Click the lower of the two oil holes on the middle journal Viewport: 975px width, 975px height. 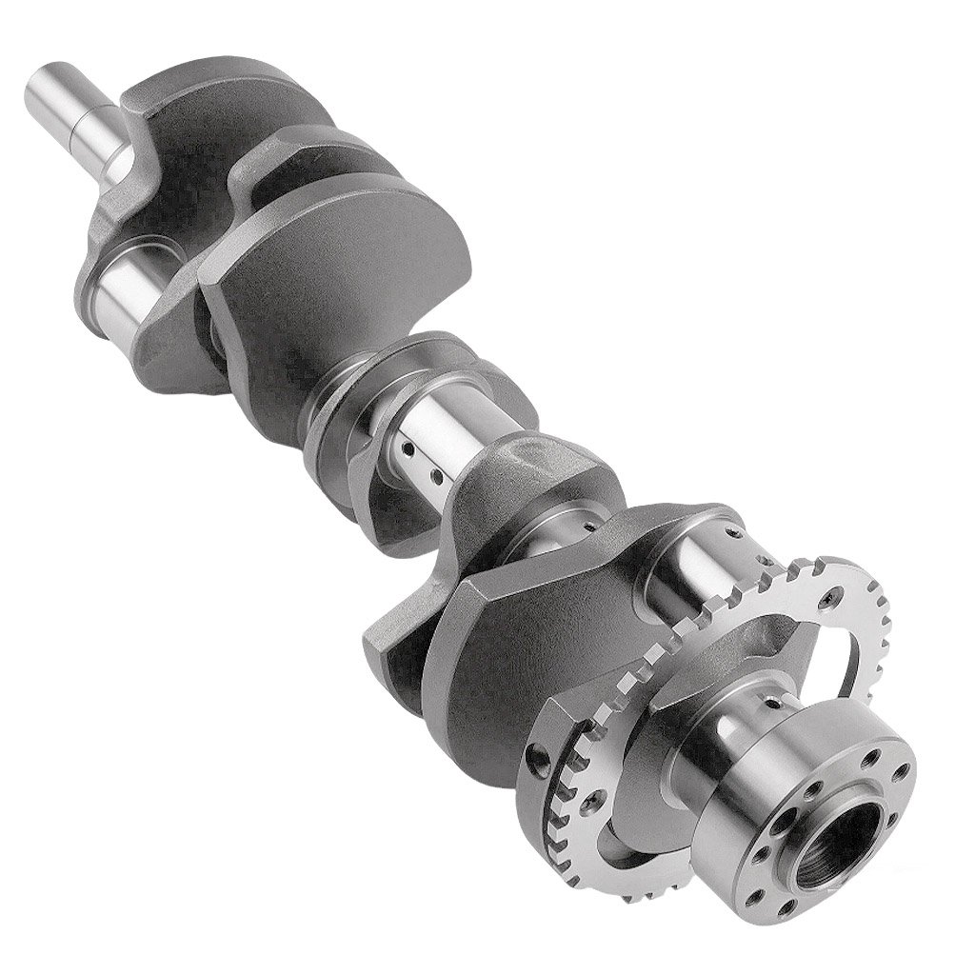pos(437,473)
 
